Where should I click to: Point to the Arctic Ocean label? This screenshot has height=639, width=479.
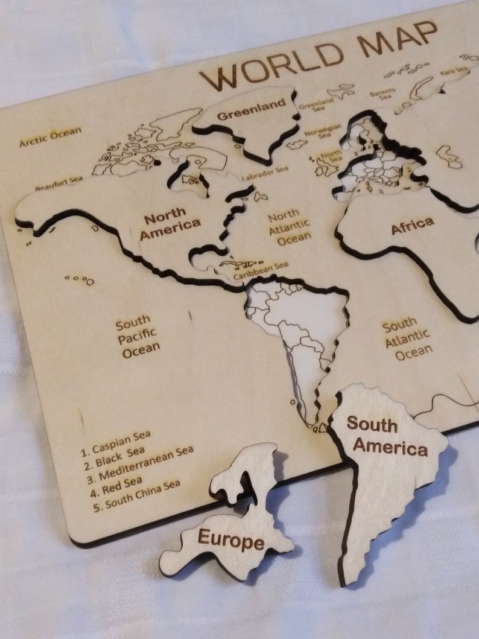(x=50, y=137)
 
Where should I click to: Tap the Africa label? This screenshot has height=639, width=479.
(x=413, y=226)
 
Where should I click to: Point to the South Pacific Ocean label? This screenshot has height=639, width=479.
(x=138, y=336)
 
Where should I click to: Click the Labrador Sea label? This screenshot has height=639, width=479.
(x=265, y=174)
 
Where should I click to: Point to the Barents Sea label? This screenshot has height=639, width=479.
(x=382, y=94)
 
